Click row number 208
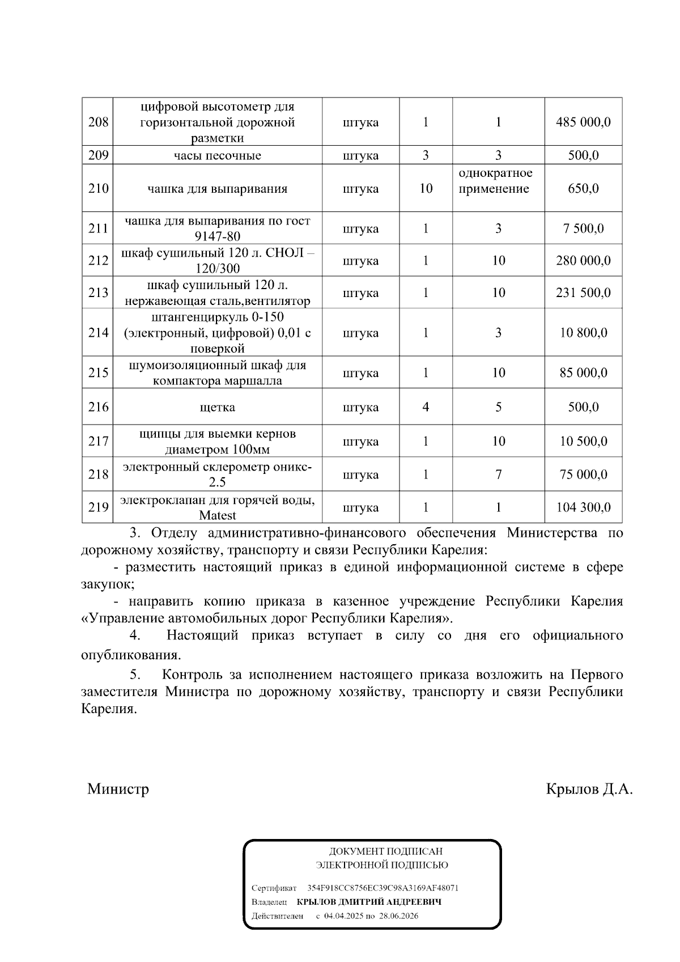coord(98,122)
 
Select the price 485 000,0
coord(583,122)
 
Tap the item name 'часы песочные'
coord(217,155)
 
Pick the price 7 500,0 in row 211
coord(583,228)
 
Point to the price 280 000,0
coord(583,261)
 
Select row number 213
coord(98,293)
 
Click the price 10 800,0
coord(583,333)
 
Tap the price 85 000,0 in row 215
coord(583,372)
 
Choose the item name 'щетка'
coord(217,407)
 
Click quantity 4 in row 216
coord(426,407)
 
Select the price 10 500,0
coord(583,441)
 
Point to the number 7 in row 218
coord(498,474)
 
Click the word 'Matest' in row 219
coord(217,515)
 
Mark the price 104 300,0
coord(583,507)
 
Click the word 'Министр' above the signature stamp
coord(118,789)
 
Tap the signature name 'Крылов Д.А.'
coord(589,789)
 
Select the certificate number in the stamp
coord(382,888)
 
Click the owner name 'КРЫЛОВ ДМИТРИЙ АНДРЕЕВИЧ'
coord(369,902)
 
